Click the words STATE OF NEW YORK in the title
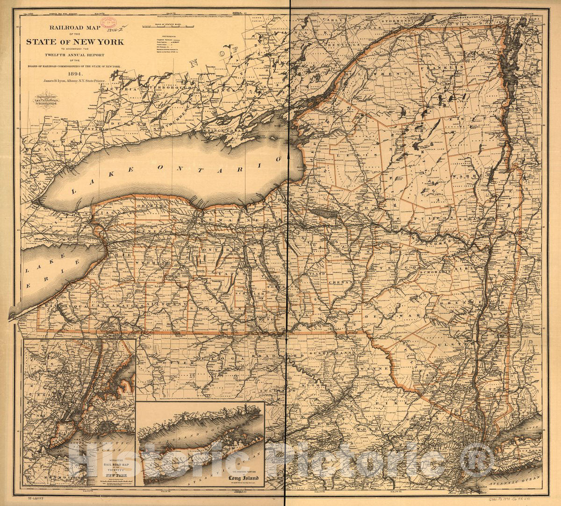click(x=75, y=42)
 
